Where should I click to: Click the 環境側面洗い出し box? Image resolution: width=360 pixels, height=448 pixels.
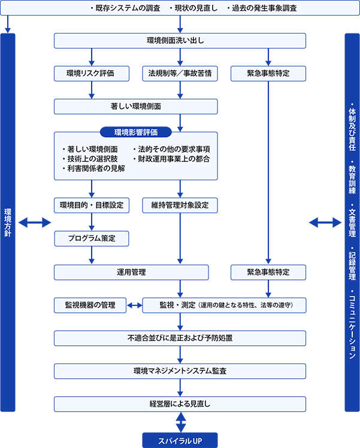(180, 41)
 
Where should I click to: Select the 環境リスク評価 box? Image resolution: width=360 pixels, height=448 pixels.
(92, 74)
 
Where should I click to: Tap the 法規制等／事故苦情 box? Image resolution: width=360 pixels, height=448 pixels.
(180, 74)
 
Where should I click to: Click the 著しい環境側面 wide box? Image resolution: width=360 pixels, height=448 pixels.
(136, 107)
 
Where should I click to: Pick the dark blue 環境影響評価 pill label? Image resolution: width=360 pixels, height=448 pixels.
(136, 132)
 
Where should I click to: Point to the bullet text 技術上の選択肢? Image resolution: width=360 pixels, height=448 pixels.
(90, 159)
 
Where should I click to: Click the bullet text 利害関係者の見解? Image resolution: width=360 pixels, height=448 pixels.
(93, 168)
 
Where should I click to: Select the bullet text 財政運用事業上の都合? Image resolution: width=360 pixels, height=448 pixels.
(171, 159)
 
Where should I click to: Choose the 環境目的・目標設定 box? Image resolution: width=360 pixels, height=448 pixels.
(92, 205)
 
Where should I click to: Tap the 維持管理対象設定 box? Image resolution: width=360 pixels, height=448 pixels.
(180, 205)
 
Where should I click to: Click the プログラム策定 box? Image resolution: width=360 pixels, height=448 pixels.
(92, 238)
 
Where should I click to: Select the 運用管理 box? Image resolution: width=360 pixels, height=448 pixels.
(131, 273)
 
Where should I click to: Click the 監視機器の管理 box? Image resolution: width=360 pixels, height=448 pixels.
(90, 305)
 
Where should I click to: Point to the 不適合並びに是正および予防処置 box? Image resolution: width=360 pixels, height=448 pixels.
(180, 338)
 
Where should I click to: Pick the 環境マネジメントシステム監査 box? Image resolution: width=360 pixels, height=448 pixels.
(180, 371)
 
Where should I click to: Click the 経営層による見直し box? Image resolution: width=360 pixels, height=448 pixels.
(180, 404)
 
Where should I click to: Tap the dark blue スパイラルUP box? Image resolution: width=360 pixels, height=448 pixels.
(180, 440)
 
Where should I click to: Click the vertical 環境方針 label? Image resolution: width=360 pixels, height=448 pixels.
(8, 223)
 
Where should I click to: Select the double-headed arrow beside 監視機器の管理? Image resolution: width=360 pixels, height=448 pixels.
(134, 305)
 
